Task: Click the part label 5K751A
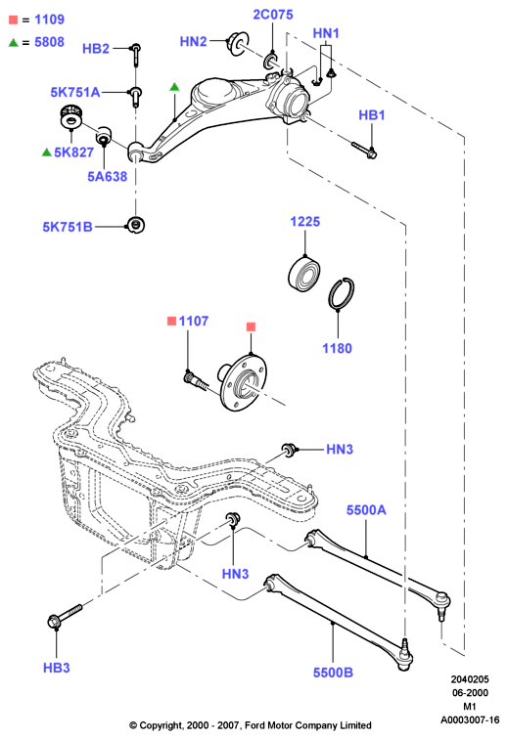pyautogui.click(x=75, y=92)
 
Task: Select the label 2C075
pyautogui.click(x=273, y=15)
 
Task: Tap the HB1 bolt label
pyautogui.click(x=372, y=115)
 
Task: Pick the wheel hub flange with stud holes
pyautogui.click(x=242, y=382)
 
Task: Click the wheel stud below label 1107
pyautogui.click(x=195, y=381)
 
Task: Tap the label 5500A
pyautogui.click(x=366, y=510)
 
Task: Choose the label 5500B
pyautogui.click(x=333, y=673)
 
